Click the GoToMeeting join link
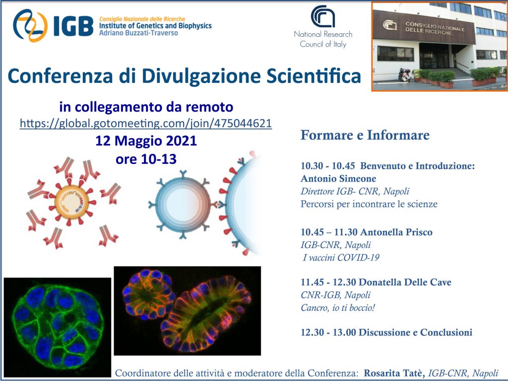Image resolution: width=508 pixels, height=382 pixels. [x=146, y=124]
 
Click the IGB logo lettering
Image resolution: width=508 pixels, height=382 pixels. [x=73, y=26]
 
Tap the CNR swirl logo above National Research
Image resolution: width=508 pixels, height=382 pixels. [x=323, y=16]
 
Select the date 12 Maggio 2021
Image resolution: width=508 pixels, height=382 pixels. [x=146, y=141]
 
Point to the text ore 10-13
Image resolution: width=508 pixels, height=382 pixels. [x=146, y=159]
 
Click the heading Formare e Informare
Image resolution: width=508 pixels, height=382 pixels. [x=365, y=135]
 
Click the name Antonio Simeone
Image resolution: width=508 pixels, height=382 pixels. [x=338, y=179]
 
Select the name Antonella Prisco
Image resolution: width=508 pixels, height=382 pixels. [x=396, y=232]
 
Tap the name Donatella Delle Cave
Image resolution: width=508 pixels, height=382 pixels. [x=405, y=282]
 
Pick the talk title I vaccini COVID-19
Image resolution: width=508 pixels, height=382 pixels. [x=341, y=257]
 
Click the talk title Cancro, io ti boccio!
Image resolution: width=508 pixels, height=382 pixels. [x=338, y=308]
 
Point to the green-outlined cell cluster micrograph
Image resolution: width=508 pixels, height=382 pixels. [x=58, y=327]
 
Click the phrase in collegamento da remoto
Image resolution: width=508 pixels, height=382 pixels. [x=146, y=107]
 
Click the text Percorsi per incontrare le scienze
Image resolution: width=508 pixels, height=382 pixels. [x=369, y=204]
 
